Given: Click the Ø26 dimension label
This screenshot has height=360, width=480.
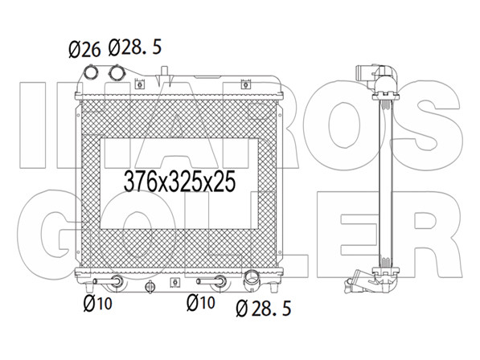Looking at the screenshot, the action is (84, 50).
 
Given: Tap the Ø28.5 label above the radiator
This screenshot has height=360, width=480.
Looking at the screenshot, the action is (135, 47).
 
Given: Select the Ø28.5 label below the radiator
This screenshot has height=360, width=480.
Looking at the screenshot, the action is (264, 308).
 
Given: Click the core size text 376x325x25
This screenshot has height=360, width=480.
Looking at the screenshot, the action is (179, 181).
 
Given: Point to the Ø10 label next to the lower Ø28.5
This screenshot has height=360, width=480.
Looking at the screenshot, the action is (201, 302).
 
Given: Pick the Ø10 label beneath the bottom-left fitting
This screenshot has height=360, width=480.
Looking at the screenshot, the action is (98, 303).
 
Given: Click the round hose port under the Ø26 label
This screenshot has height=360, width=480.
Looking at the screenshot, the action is (91, 72).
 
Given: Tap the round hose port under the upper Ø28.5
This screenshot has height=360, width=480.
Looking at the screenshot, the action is (117, 73).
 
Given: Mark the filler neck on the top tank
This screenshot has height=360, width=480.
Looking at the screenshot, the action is (165, 76).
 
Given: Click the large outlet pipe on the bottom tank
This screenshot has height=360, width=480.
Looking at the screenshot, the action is (252, 277).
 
